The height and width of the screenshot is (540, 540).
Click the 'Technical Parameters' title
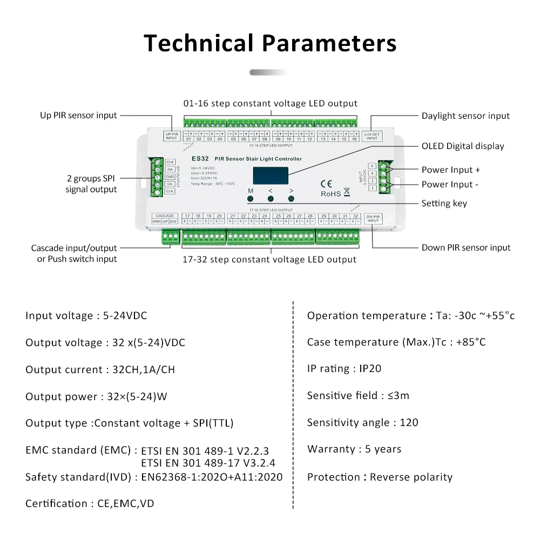click(x=270, y=43)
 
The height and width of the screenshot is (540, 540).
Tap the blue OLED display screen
click(x=271, y=175)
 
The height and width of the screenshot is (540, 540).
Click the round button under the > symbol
click(x=292, y=199)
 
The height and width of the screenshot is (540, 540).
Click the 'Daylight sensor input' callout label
click(x=465, y=116)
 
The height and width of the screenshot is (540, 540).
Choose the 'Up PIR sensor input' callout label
click(x=78, y=115)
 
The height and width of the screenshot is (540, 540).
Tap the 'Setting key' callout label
click(x=444, y=203)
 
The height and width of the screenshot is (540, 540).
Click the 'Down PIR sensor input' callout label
click(x=466, y=247)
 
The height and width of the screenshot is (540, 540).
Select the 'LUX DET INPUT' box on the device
click(x=372, y=136)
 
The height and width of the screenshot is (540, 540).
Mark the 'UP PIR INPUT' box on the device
click(x=171, y=136)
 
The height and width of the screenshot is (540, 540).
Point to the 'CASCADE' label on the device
click(x=164, y=216)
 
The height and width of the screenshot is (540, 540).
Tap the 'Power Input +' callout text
click(x=451, y=170)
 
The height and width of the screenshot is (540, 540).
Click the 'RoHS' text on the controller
click(x=331, y=193)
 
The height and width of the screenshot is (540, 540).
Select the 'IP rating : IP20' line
click(x=344, y=369)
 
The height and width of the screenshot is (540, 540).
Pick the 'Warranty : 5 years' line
click(x=354, y=449)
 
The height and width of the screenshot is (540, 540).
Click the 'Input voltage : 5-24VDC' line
click(x=86, y=315)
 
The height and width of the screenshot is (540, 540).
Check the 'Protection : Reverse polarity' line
click(x=380, y=477)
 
